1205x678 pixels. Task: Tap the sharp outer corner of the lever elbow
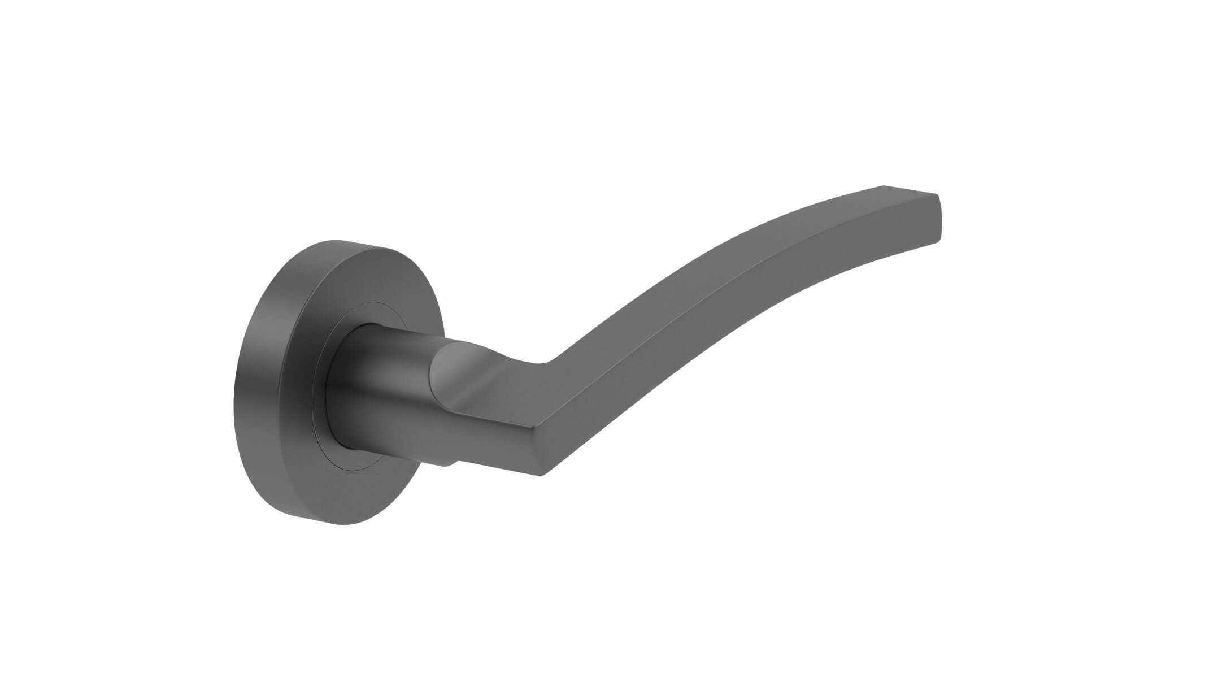pos(541,475)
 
